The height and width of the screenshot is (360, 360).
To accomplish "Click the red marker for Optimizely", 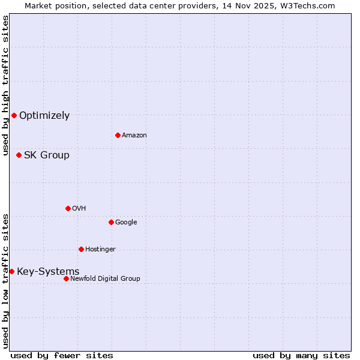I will [x=14, y=115].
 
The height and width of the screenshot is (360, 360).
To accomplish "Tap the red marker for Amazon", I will [x=118, y=135].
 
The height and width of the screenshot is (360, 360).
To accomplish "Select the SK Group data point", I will [x=19, y=155].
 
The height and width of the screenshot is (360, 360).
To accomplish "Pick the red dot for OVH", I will [x=68, y=208].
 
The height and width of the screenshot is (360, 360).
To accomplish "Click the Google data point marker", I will [x=111, y=222].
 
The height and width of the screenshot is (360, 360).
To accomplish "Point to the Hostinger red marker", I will [x=81, y=249].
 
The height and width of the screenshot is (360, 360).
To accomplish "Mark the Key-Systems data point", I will [x=11, y=271].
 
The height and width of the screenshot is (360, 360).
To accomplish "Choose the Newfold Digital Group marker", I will [x=66, y=278].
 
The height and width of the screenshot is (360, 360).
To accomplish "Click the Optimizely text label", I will [x=44, y=115].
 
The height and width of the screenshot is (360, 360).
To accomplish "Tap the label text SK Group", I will [x=46, y=155].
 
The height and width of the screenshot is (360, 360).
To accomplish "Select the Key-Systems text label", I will [x=48, y=271].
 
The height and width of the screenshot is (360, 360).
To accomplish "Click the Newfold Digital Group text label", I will [x=105, y=278].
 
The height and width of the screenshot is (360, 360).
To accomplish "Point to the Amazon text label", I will [x=134, y=135].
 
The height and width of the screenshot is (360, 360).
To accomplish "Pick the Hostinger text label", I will [x=100, y=249].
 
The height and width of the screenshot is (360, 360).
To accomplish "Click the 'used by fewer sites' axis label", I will [x=62, y=355].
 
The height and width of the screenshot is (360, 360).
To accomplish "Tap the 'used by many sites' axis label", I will [x=301, y=355].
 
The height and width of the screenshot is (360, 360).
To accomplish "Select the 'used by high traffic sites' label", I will [x=5, y=85].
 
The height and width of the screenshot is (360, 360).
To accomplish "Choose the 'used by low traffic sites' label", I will [x=5, y=281].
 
